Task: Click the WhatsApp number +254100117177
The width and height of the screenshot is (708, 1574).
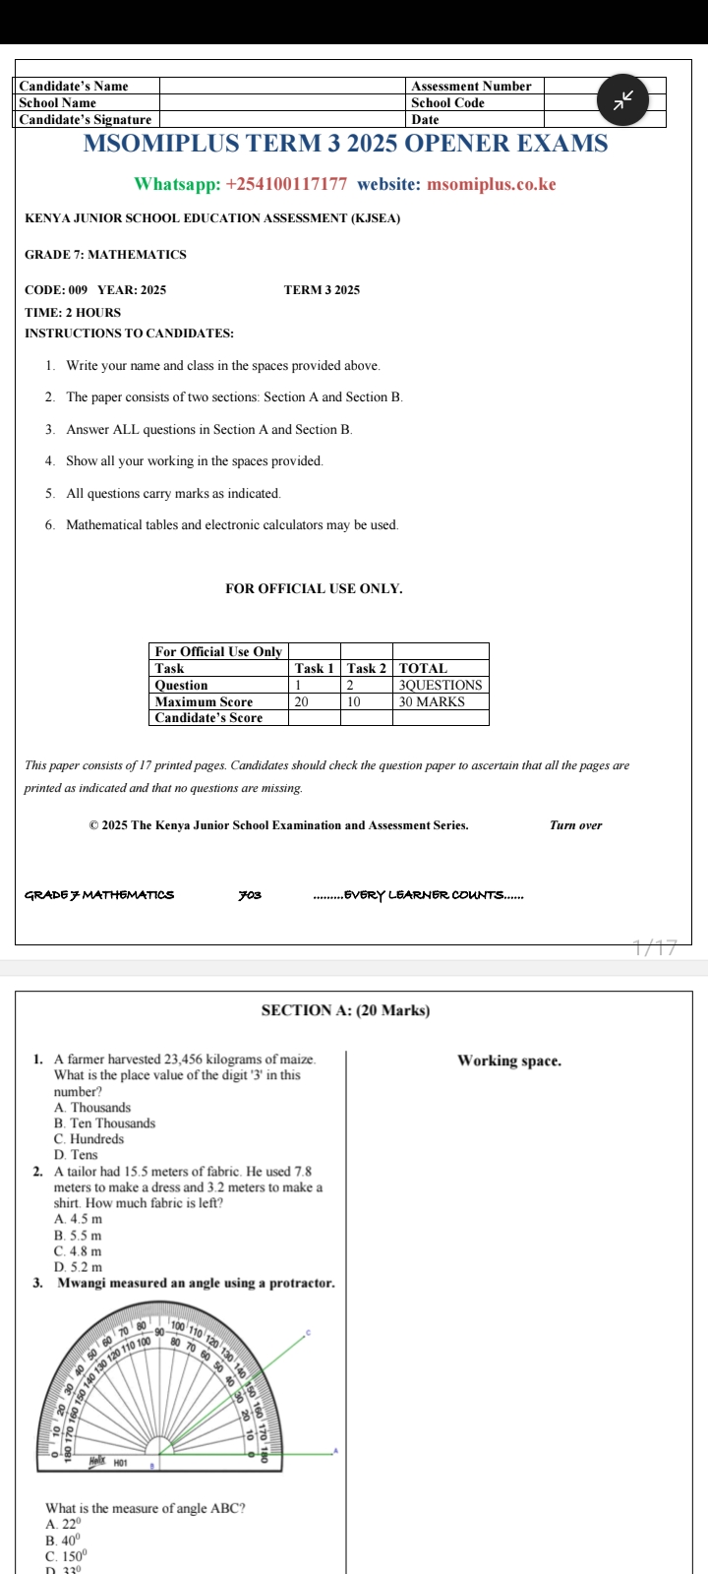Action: pyautogui.click(x=286, y=184)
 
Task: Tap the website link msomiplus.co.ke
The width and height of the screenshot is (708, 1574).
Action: pyautogui.click(x=492, y=184)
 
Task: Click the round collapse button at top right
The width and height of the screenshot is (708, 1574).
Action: pyautogui.click(x=624, y=100)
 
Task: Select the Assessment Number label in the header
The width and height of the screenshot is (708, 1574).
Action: pyautogui.click(x=471, y=87)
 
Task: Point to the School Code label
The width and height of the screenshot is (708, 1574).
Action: pyautogui.click(x=447, y=102)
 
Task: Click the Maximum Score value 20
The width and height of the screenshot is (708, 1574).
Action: pyautogui.click(x=302, y=701)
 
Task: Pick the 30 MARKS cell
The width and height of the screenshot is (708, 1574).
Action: pyautogui.click(x=432, y=701)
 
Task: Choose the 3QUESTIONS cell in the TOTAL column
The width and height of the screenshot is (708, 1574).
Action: pyautogui.click(x=441, y=685)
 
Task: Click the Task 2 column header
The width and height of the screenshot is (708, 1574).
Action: pyautogui.click(x=366, y=668)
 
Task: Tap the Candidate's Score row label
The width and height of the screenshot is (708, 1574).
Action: pyautogui.click(x=208, y=718)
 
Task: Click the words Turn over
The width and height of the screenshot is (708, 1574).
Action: pyautogui.click(x=576, y=825)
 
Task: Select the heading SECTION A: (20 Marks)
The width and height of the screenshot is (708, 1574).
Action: pyautogui.click(x=345, y=1010)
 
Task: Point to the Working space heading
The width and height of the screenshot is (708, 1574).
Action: pyautogui.click(x=509, y=1060)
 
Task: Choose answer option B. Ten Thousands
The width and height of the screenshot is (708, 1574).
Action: pyautogui.click(x=104, y=1123)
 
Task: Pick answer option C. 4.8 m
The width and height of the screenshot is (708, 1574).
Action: pyautogui.click(x=78, y=1251)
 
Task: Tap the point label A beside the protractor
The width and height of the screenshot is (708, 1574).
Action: pyautogui.click(x=335, y=1451)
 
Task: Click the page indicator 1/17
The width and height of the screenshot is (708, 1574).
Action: pyautogui.click(x=656, y=948)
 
